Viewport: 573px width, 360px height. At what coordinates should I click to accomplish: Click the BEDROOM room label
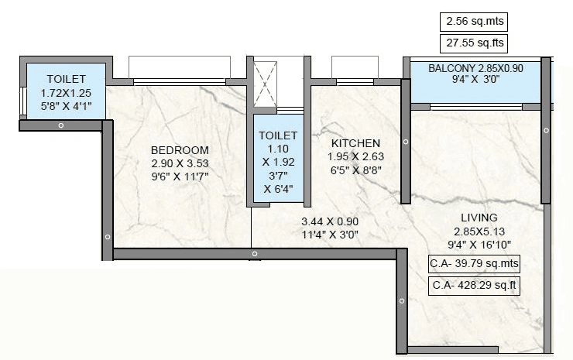pos(180,149)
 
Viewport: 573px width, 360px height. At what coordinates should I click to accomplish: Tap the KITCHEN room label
pos(355,143)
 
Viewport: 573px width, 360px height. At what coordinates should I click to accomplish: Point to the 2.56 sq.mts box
pos(475,21)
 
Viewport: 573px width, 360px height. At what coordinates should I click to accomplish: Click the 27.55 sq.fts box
pos(475,42)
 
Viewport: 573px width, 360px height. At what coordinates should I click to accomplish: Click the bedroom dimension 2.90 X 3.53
pos(180,163)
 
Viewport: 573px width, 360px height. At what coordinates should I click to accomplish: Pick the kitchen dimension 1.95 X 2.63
pos(355,156)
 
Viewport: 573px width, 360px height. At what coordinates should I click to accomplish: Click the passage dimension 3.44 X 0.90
pos(330,221)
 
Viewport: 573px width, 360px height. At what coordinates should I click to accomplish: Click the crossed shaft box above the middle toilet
pos(266,81)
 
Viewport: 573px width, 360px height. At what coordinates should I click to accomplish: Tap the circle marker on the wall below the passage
pos(255,253)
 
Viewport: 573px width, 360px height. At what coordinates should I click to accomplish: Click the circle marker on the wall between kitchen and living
pos(405,142)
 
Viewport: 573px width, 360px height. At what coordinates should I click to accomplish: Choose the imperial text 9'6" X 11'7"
pos(180,177)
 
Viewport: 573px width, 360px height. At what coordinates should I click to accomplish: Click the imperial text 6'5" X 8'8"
pos(355,168)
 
